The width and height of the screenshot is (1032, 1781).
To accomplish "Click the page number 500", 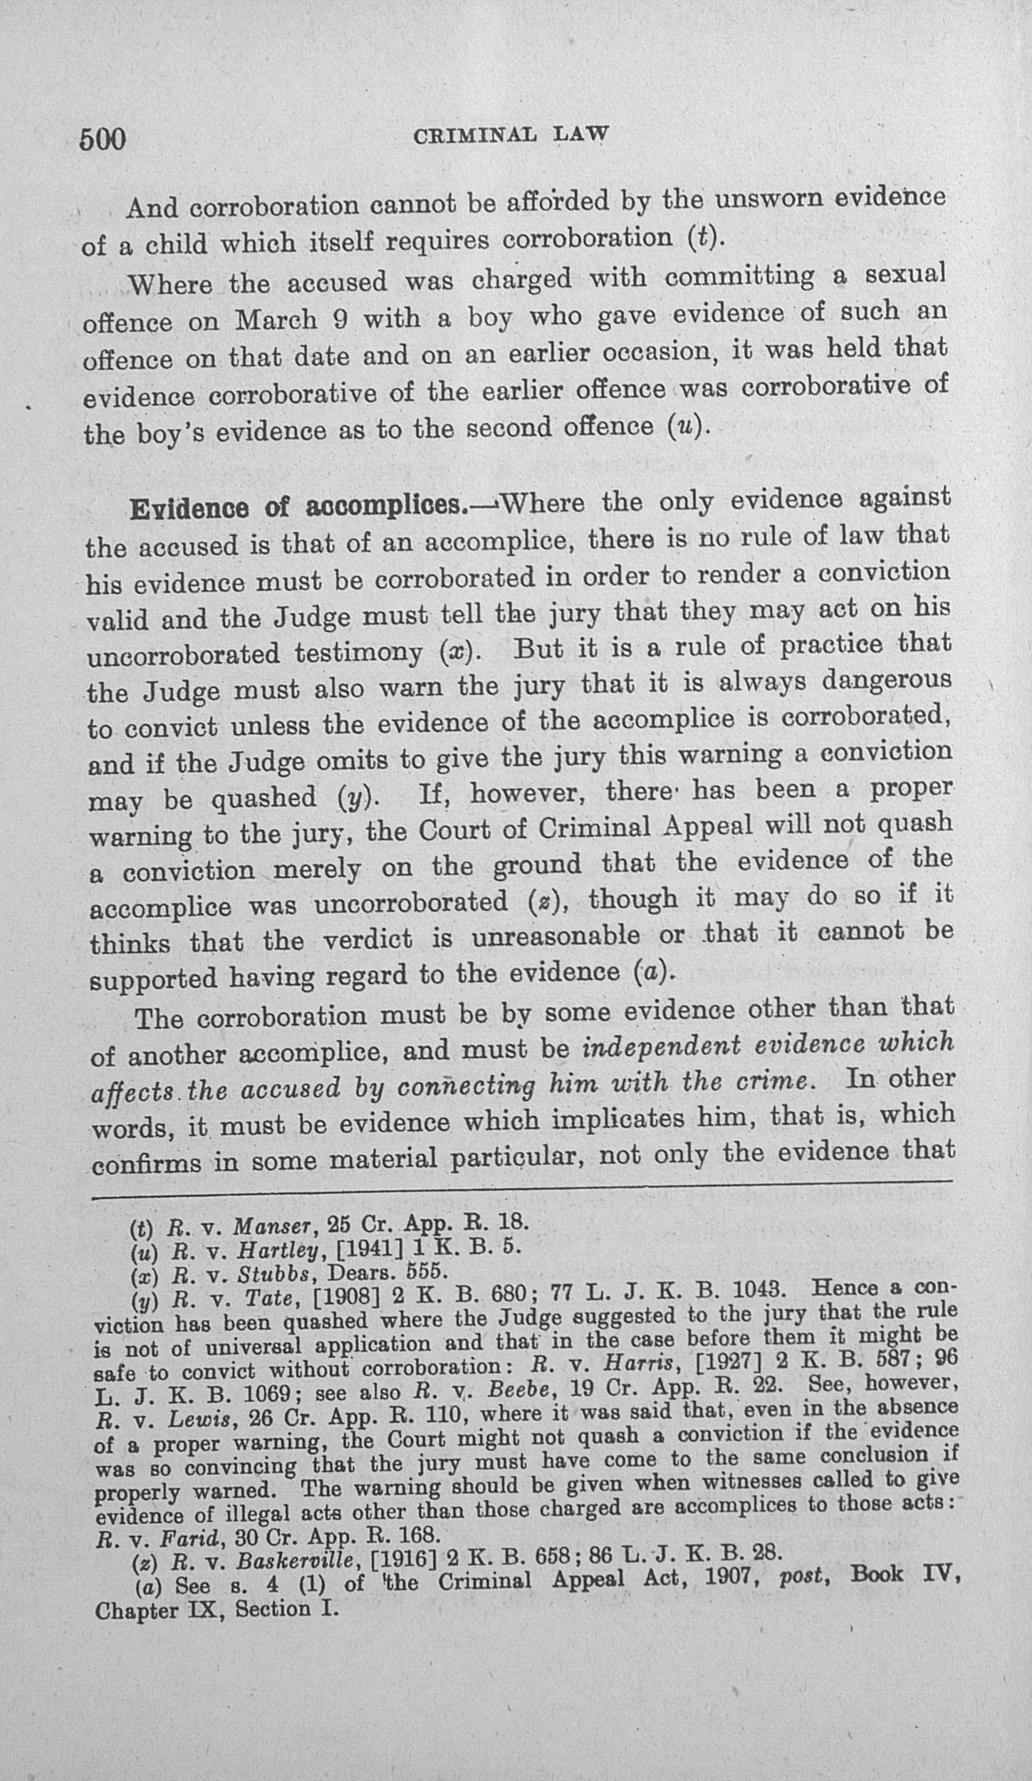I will [103, 140].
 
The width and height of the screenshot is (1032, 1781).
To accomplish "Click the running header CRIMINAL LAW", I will [511, 135].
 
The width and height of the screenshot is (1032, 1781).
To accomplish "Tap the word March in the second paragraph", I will [276, 320].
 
